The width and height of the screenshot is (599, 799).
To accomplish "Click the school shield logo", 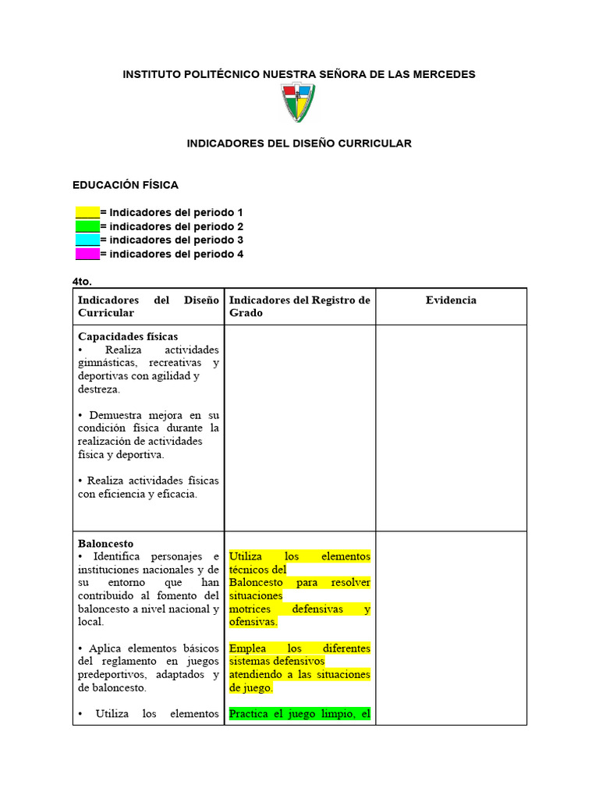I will [298, 103].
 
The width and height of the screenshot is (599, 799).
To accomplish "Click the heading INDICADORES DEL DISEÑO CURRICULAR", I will [299, 144].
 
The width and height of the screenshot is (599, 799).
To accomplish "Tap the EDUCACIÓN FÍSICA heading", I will [126, 185].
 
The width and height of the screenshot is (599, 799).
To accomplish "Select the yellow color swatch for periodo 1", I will [87, 212].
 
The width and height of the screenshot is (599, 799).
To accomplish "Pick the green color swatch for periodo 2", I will [87, 226].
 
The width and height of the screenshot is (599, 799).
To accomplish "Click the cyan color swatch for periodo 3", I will [87, 240].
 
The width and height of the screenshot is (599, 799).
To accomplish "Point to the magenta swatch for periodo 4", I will [87, 254].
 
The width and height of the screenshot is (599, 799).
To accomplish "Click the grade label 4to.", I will [82, 281].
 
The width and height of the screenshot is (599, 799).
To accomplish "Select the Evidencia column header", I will [451, 300].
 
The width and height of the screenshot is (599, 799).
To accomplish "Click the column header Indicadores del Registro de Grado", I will [299, 307].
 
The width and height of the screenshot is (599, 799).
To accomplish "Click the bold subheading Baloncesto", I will [105, 543].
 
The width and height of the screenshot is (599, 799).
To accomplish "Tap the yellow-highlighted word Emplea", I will [246, 648].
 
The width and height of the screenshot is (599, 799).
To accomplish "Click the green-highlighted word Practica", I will [250, 713].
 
